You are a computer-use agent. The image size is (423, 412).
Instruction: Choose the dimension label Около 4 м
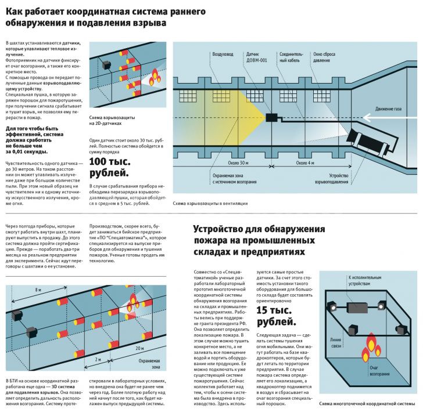[305, 163]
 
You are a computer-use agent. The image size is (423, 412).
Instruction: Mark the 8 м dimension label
[38, 289]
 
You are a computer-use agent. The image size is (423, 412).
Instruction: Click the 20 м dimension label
[139, 349]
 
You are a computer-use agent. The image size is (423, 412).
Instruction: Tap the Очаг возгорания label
[375, 370]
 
